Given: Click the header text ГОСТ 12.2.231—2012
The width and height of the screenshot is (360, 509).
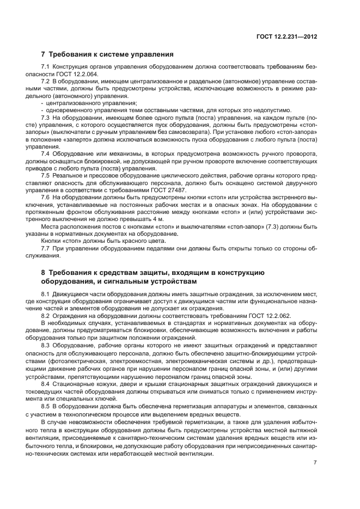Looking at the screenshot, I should [x=287, y=36].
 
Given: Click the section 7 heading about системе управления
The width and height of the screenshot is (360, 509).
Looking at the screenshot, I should [x=107, y=54].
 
